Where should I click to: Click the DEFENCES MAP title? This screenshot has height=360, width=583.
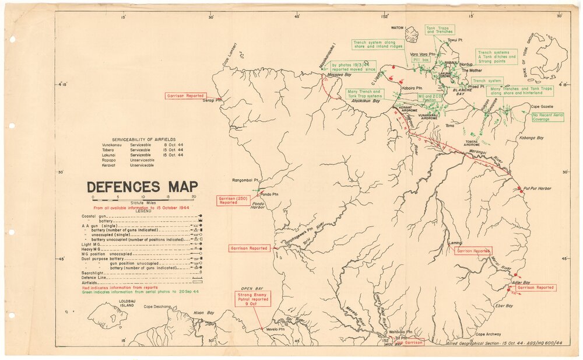tap(142, 187)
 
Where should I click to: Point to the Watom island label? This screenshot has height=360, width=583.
tap(397, 27)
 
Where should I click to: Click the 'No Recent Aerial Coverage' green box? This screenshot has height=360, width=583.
tap(547, 118)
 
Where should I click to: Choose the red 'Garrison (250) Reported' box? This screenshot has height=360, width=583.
tap(232, 200)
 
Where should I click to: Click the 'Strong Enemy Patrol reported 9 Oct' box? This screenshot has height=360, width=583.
tap(252, 299)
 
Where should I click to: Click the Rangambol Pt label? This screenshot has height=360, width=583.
tap(245, 180)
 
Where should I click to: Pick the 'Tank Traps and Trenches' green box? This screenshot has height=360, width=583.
tap(439, 30)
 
